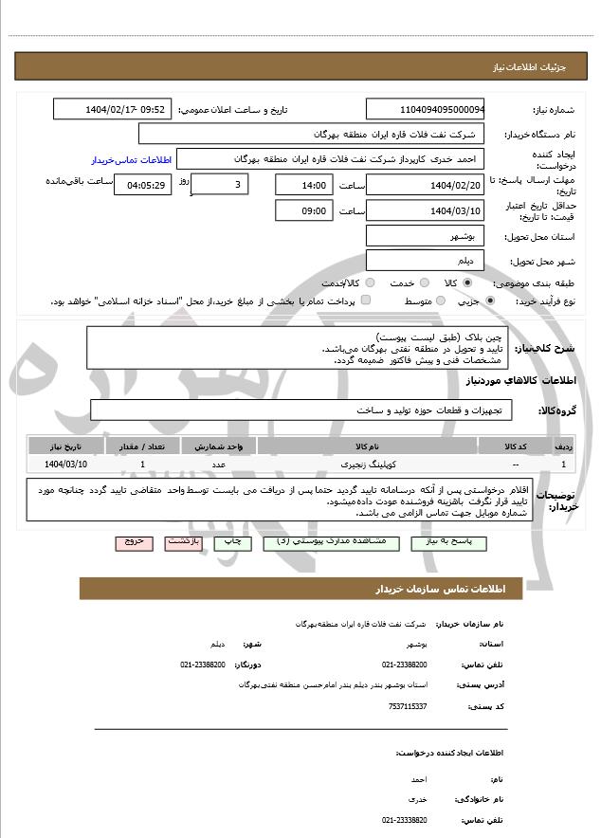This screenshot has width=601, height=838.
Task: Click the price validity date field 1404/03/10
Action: [x=425, y=210]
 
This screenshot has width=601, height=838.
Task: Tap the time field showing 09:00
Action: [x=304, y=210]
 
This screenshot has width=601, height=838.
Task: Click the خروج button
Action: [x=134, y=542]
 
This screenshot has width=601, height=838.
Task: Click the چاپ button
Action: [x=233, y=542]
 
